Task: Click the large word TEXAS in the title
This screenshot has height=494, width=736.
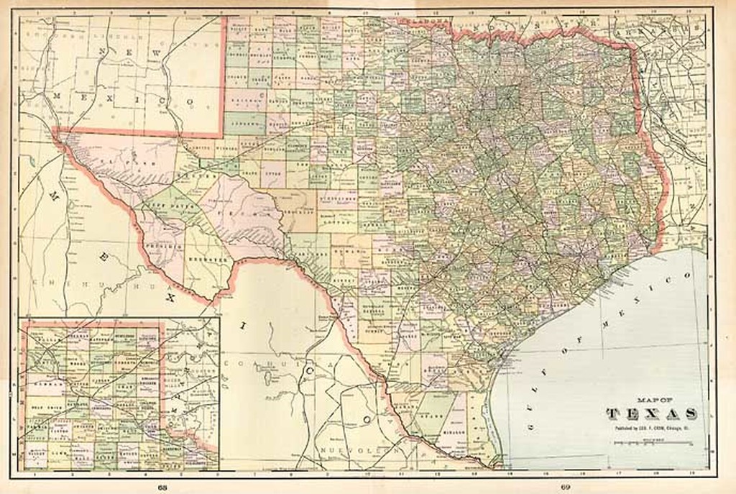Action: coord(651,413)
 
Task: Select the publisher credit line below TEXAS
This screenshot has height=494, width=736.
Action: coord(651,428)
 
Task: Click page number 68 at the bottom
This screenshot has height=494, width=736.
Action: coord(165,487)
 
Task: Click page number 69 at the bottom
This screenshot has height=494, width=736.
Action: coord(566,487)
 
